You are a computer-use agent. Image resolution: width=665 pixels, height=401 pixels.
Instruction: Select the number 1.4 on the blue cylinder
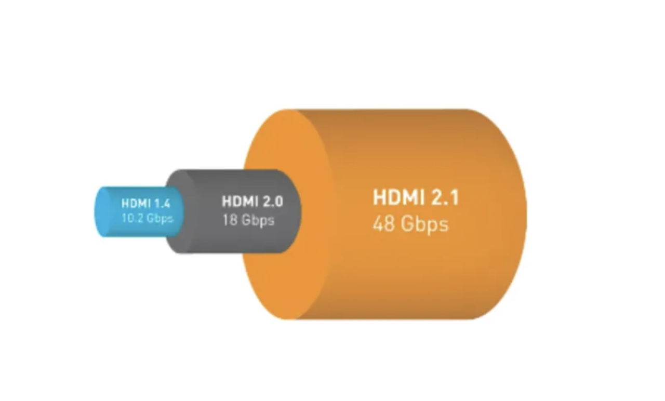[x=163, y=203]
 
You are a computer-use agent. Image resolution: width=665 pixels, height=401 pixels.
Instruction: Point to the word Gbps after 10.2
[x=160, y=219]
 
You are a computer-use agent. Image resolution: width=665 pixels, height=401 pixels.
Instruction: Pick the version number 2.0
[x=273, y=201]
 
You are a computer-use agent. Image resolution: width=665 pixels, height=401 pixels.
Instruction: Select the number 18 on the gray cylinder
[x=230, y=220]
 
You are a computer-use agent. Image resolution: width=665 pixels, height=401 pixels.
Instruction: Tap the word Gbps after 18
[x=257, y=220]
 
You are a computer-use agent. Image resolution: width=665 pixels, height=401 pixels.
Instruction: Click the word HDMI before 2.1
[x=400, y=198]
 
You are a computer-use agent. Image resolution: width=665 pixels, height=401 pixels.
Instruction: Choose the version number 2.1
[x=445, y=198]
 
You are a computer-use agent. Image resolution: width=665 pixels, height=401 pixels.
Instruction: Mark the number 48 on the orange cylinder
[x=383, y=224]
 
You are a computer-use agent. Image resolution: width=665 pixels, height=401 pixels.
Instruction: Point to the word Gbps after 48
[x=423, y=225]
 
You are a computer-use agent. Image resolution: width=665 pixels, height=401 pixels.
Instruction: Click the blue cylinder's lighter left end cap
[x=103, y=212]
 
